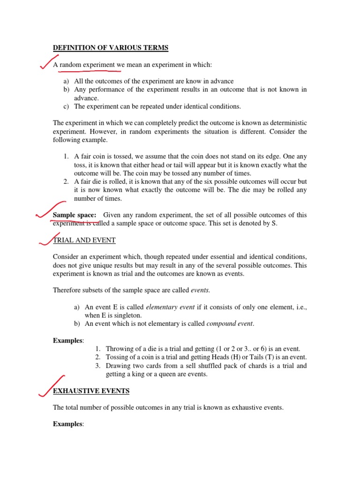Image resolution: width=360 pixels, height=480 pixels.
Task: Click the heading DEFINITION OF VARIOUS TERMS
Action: pos(111,47)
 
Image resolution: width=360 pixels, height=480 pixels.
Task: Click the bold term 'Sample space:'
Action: pos(75,215)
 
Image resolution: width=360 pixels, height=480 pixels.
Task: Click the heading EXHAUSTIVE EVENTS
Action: pos(91,390)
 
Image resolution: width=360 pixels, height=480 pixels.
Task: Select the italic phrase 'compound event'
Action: pos(230,323)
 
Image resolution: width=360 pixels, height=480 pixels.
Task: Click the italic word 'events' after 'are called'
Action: pos(200,290)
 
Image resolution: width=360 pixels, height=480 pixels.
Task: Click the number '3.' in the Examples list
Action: pos(97,366)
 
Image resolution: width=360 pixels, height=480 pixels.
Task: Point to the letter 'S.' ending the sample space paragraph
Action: pos(275,223)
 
